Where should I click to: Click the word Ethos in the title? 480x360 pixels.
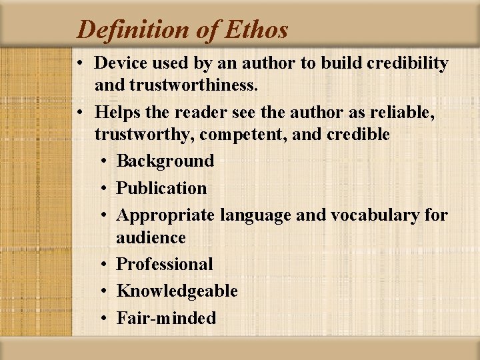256,30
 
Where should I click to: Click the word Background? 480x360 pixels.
165,161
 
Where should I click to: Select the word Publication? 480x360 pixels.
161,188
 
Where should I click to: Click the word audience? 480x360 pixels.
151,237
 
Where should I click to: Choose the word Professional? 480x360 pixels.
164,264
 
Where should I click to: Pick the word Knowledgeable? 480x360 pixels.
177,291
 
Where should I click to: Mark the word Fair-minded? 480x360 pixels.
166,318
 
